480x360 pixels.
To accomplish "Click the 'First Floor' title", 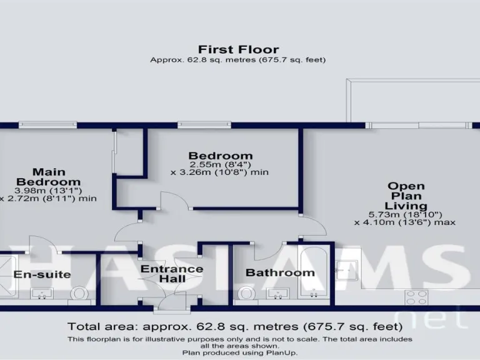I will click(x=238, y=49).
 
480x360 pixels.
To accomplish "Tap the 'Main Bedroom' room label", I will click(x=49, y=177).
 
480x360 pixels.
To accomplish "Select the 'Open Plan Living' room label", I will click(x=406, y=196).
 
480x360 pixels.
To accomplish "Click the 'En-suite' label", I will click(x=42, y=274).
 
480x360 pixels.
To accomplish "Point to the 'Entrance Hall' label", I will click(x=171, y=274).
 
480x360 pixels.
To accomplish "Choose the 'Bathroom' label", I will click(x=279, y=272).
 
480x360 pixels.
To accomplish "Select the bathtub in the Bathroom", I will click(x=313, y=273).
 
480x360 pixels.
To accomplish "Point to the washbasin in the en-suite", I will click(x=42, y=294).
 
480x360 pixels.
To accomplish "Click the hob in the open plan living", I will click(x=417, y=296).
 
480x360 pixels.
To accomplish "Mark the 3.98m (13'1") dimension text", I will click(x=49, y=191).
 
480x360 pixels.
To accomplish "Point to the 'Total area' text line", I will click(x=234, y=326).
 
